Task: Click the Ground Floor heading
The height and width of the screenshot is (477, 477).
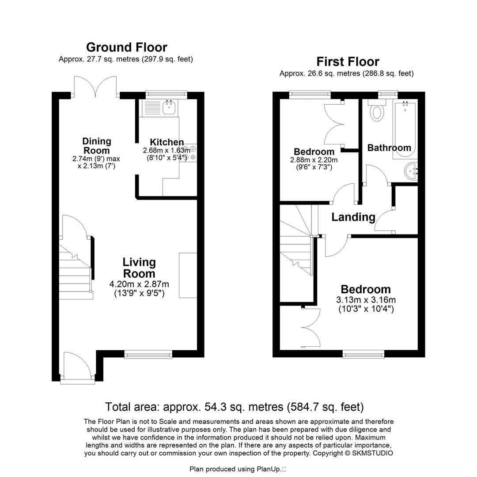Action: (126, 47)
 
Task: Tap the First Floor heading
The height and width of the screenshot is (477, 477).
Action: (348, 61)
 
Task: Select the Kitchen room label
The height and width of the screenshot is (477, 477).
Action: (167, 142)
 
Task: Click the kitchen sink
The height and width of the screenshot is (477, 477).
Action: (169, 107)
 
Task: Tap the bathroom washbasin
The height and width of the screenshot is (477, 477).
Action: (411, 170)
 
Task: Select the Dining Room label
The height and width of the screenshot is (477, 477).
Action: (96, 146)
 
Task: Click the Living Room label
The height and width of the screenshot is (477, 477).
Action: (139, 267)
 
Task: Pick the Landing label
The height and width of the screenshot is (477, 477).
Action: (353, 217)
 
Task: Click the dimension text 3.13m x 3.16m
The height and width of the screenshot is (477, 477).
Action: (366, 300)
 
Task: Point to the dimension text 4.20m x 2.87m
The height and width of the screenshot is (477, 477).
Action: (139, 284)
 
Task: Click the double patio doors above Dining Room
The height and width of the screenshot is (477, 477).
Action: (96, 87)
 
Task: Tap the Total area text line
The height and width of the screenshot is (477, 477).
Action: (234, 406)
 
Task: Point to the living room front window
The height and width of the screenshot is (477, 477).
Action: (148, 354)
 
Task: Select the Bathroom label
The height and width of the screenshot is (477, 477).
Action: (389, 148)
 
